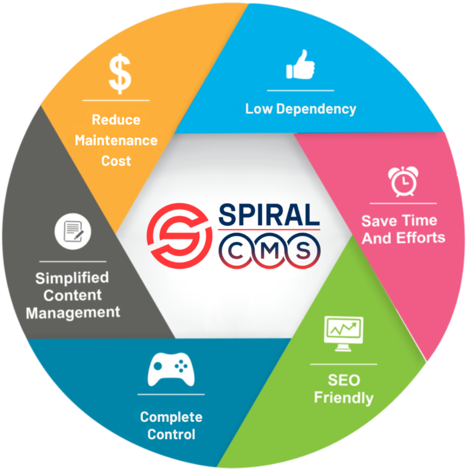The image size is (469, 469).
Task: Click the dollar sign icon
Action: click(x=120, y=73)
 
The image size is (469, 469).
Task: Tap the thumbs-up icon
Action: click(x=300, y=64)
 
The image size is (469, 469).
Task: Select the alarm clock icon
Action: click(x=403, y=181)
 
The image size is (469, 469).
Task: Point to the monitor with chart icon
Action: click(x=344, y=333)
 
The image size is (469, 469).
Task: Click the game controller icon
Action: click(x=171, y=369)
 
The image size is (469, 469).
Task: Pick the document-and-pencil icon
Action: click(x=73, y=231)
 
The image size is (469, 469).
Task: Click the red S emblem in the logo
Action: click(x=180, y=236)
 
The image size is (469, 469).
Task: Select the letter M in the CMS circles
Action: click(x=269, y=250)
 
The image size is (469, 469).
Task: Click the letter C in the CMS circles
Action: click(x=236, y=250)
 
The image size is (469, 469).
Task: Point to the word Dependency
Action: click(x=316, y=109)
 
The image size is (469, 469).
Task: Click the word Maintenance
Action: click(x=116, y=140)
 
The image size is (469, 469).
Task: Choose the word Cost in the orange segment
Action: click(x=116, y=161)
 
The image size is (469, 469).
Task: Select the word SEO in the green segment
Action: click(x=344, y=380)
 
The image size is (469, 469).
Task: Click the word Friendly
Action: click(x=344, y=398)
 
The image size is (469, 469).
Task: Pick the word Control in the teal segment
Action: click(x=172, y=434)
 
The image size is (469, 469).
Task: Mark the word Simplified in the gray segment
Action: click(x=72, y=278)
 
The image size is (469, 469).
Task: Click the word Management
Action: click(x=73, y=313)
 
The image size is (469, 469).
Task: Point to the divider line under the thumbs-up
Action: click(x=300, y=90)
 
